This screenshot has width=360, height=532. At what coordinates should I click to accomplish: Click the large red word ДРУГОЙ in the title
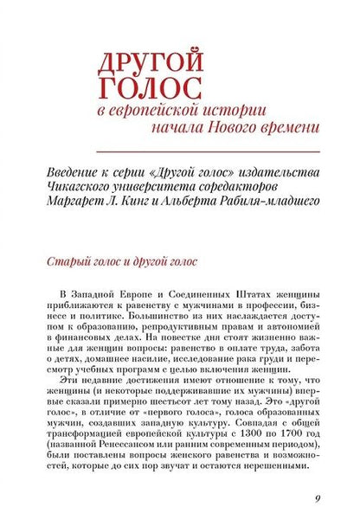[x=152, y=61]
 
